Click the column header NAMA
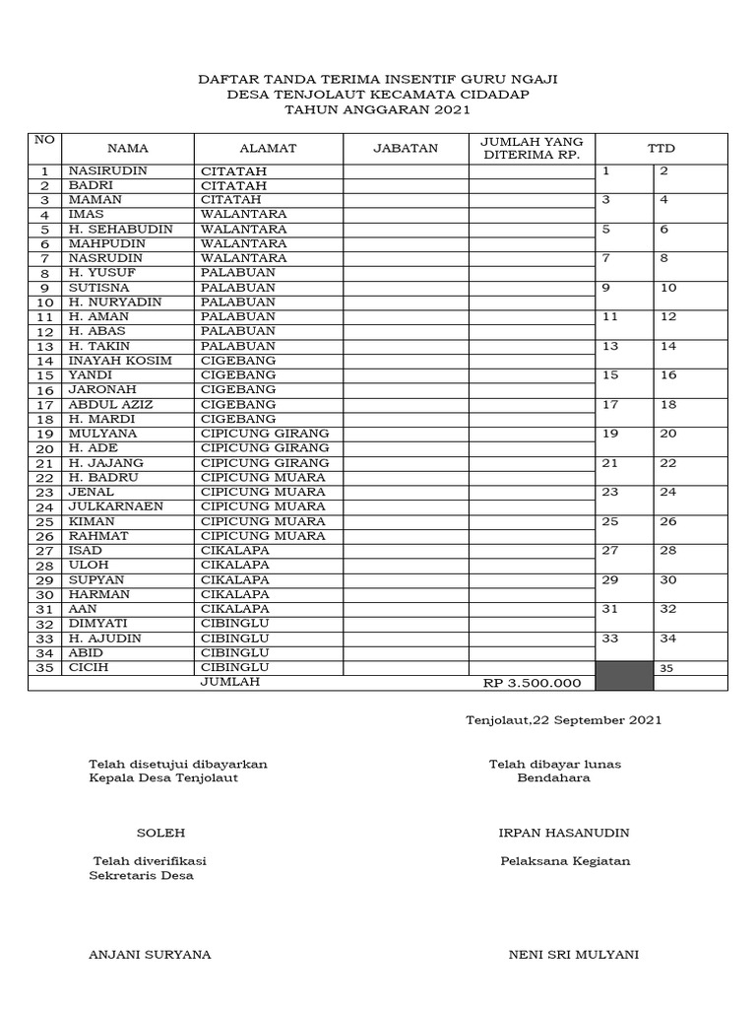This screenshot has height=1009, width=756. click(127, 149)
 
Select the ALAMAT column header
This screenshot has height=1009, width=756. click(268, 149)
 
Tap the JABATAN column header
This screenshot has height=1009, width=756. click(406, 149)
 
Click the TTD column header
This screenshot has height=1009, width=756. click(661, 149)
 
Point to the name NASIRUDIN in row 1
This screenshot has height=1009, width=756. click(104, 171)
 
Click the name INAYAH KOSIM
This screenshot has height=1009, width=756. click(119, 361)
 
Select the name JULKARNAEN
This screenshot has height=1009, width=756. click(115, 506)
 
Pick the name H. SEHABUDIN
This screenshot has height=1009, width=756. click(120, 230)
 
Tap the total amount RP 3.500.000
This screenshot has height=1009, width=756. click(532, 683)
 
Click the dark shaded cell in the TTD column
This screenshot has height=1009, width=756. click(624, 675)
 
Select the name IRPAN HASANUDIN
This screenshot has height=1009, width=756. click(564, 833)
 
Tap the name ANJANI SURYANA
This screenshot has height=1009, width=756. click(150, 955)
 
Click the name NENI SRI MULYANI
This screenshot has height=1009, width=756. click(573, 955)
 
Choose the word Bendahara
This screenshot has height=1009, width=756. click(554, 777)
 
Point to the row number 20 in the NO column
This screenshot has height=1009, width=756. click(44, 449)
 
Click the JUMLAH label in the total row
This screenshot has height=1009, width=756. click(230, 682)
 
